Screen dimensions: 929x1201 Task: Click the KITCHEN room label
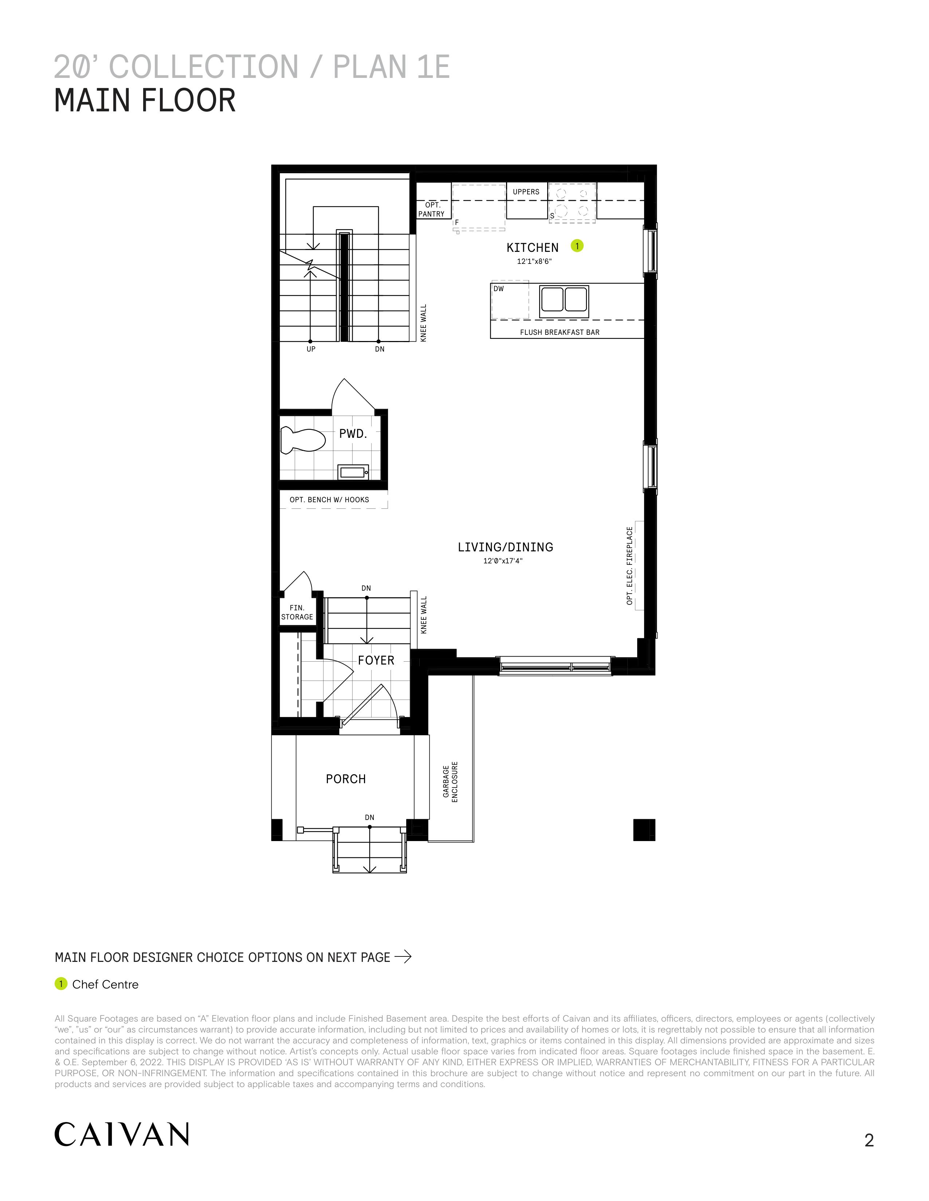(532, 247)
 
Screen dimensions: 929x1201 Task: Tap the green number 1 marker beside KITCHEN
(577, 246)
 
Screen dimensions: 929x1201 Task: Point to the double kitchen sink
(564, 301)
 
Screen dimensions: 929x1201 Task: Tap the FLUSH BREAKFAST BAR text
(560, 332)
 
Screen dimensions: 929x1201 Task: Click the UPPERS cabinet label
(526, 192)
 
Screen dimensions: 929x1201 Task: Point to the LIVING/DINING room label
(505, 547)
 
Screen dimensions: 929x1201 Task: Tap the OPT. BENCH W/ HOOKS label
(329, 500)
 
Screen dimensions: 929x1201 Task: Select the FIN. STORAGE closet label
(297, 613)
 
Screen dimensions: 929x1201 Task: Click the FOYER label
(376, 661)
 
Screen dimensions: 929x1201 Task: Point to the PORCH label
(346, 779)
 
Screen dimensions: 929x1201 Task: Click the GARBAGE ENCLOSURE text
(450, 782)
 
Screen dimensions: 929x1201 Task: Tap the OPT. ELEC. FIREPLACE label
(630, 566)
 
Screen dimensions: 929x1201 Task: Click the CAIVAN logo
(122, 1134)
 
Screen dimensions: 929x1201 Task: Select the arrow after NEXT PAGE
(403, 957)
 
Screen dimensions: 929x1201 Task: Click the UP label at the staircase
(311, 349)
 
